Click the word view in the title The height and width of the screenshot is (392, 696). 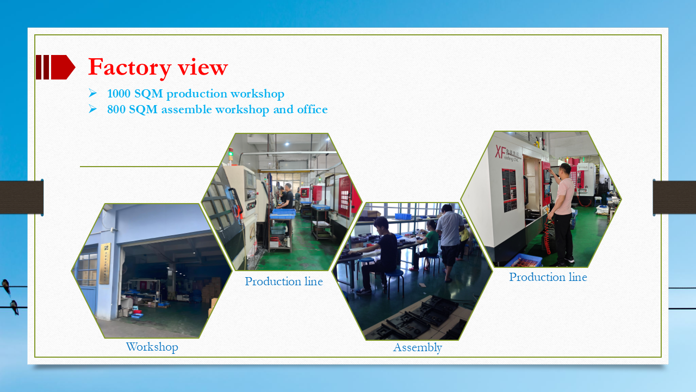(202, 68)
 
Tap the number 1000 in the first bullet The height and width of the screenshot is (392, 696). (119, 94)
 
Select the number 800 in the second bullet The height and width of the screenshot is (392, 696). (116, 109)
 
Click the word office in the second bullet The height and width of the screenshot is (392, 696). (312, 109)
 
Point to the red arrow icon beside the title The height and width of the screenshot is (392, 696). (55, 67)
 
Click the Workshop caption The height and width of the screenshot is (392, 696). (152, 347)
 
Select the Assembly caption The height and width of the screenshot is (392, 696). (417, 347)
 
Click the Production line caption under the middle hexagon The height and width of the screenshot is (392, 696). (283, 281)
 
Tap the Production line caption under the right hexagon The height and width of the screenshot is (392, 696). (548, 277)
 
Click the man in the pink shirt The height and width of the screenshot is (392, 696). (563, 212)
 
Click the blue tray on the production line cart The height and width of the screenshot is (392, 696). (283, 213)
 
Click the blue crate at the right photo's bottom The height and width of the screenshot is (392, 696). (523, 260)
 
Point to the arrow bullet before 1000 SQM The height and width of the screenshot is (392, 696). (92, 94)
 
